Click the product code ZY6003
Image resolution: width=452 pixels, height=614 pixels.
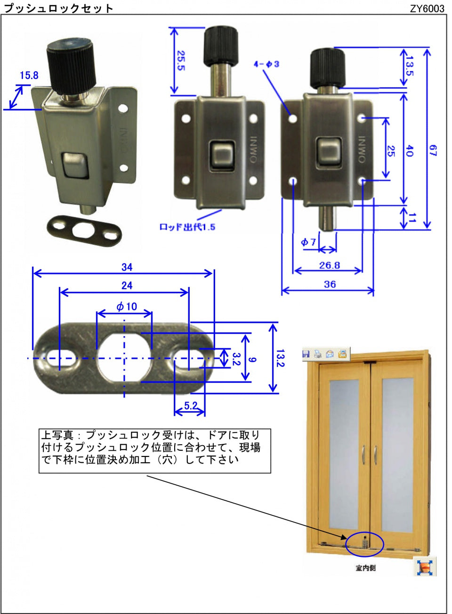(x=427, y=8)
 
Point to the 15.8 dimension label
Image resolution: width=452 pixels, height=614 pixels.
(x=29, y=75)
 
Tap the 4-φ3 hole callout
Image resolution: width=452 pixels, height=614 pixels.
(x=266, y=64)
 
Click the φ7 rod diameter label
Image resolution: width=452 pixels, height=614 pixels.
(x=308, y=242)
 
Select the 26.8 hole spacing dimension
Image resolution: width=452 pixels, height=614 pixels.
(x=329, y=265)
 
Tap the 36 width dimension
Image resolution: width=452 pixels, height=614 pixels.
(x=330, y=284)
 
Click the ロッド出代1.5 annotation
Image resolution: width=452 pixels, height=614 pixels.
(x=187, y=227)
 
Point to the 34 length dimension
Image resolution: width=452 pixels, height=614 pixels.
(x=127, y=267)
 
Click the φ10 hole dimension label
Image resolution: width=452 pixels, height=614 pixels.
(x=127, y=307)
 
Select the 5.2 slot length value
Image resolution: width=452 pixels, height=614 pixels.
(x=191, y=405)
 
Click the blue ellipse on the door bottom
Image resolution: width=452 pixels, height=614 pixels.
(x=365, y=544)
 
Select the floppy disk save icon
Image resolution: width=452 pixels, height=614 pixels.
(x=306, y=354)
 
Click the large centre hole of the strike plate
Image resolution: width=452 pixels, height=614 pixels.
(x=124, y=357)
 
